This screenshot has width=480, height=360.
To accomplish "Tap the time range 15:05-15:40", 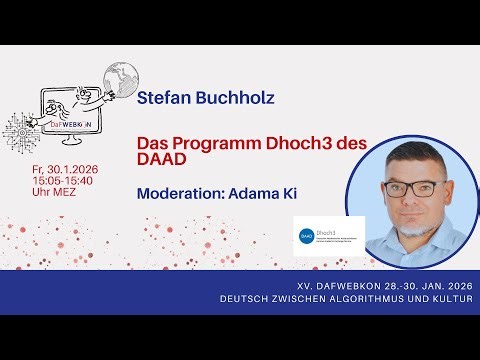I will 67,181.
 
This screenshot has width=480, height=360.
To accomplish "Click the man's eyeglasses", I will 410,187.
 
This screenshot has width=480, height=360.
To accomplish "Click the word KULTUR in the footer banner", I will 446,298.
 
